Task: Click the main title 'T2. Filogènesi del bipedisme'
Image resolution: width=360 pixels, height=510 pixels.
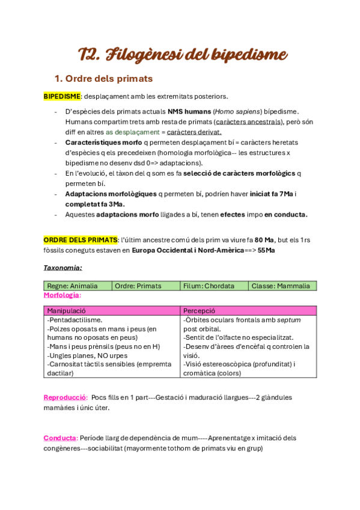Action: coord(183,55)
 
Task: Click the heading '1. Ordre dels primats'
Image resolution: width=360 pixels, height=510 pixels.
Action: coord(103,79)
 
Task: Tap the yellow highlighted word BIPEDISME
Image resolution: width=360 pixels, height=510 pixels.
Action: coord(63,96)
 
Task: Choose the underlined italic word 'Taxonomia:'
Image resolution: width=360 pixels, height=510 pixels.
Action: coord(63,267)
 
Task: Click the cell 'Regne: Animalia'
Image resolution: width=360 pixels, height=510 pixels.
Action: coord(72,286)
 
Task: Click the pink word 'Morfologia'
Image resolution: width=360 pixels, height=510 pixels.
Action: coord(61,295)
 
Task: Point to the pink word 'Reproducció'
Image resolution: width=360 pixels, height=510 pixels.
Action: coord(66,398)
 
